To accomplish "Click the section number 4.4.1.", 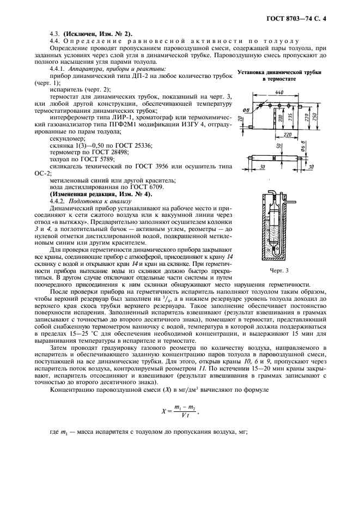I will tap(58, 69).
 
